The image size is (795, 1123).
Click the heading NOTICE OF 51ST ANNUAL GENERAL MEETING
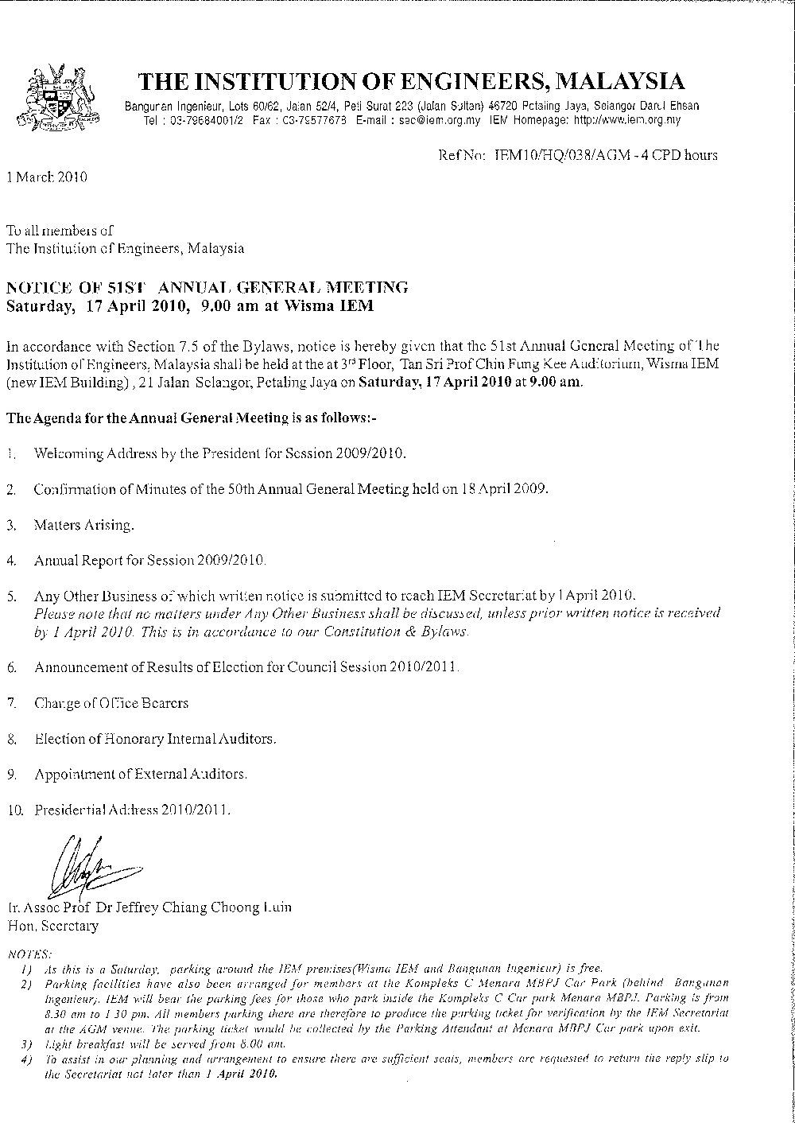[x=207, y=287]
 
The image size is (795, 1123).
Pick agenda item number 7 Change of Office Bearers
[x=111, y=703]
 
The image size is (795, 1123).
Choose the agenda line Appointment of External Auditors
[x=141, y=773]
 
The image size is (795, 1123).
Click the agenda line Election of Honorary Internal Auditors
[x=155, y=739]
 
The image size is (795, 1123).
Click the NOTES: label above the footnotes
[x=29, y=952]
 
